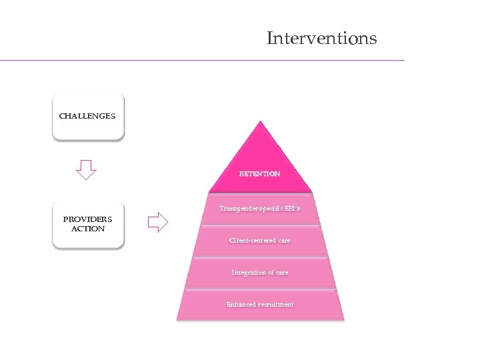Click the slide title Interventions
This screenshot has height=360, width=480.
pyautogui.click(x=321, y=38)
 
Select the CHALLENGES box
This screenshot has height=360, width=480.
pyautogui.click(x=87, y=116)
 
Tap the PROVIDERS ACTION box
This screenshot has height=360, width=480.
pyautogui.click(x=87, y=224)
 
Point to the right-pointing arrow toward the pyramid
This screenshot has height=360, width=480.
pyautogui.click(x=157, y=221)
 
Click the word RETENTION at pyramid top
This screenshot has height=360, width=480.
pyautogui.click(x=260, y=173)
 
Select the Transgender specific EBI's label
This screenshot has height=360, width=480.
pyautogui.click(x=260, y=209)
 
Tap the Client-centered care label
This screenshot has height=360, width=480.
pyautogui.click(x=260, y=240)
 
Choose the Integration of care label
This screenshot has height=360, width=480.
pyautogui.click(x=260, y=273)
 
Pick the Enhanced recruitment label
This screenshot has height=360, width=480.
pyautogui.click(x=260, y=305)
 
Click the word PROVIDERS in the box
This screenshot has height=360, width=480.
pyautogui.click(x=87, y=219)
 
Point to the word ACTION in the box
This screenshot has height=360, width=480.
pyautogui.click(x=87, y=229)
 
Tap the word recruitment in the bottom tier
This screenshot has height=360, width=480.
pyautogui.click(x=275, y=305)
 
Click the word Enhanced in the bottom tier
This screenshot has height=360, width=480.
pyautogui.click(x=240, y=305)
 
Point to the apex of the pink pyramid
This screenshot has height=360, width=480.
pyautogui.click(x=261, y=123)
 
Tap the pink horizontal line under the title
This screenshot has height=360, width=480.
pyautogui.click(x=200, y=61)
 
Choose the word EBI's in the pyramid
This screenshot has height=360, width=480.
pyautogui.click(x=293, y=209)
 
